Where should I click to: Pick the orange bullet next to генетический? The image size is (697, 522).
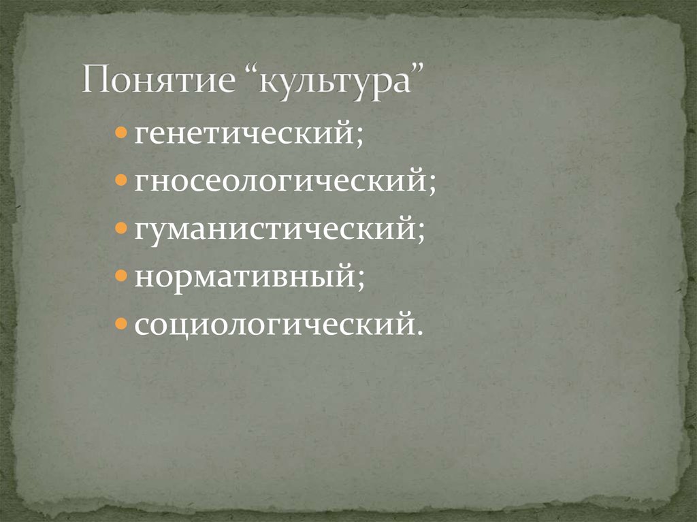coord(120,132)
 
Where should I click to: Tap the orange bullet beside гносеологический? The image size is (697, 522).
coord(120,180)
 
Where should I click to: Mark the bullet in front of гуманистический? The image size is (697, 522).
coord(120,228)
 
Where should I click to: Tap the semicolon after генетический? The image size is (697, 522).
coord(358,136)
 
